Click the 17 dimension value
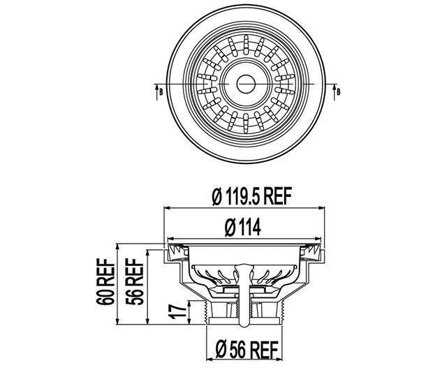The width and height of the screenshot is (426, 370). pos(177,309)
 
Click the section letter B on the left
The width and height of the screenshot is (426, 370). pos(160,91)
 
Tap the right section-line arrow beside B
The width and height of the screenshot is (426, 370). pos(335,88)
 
